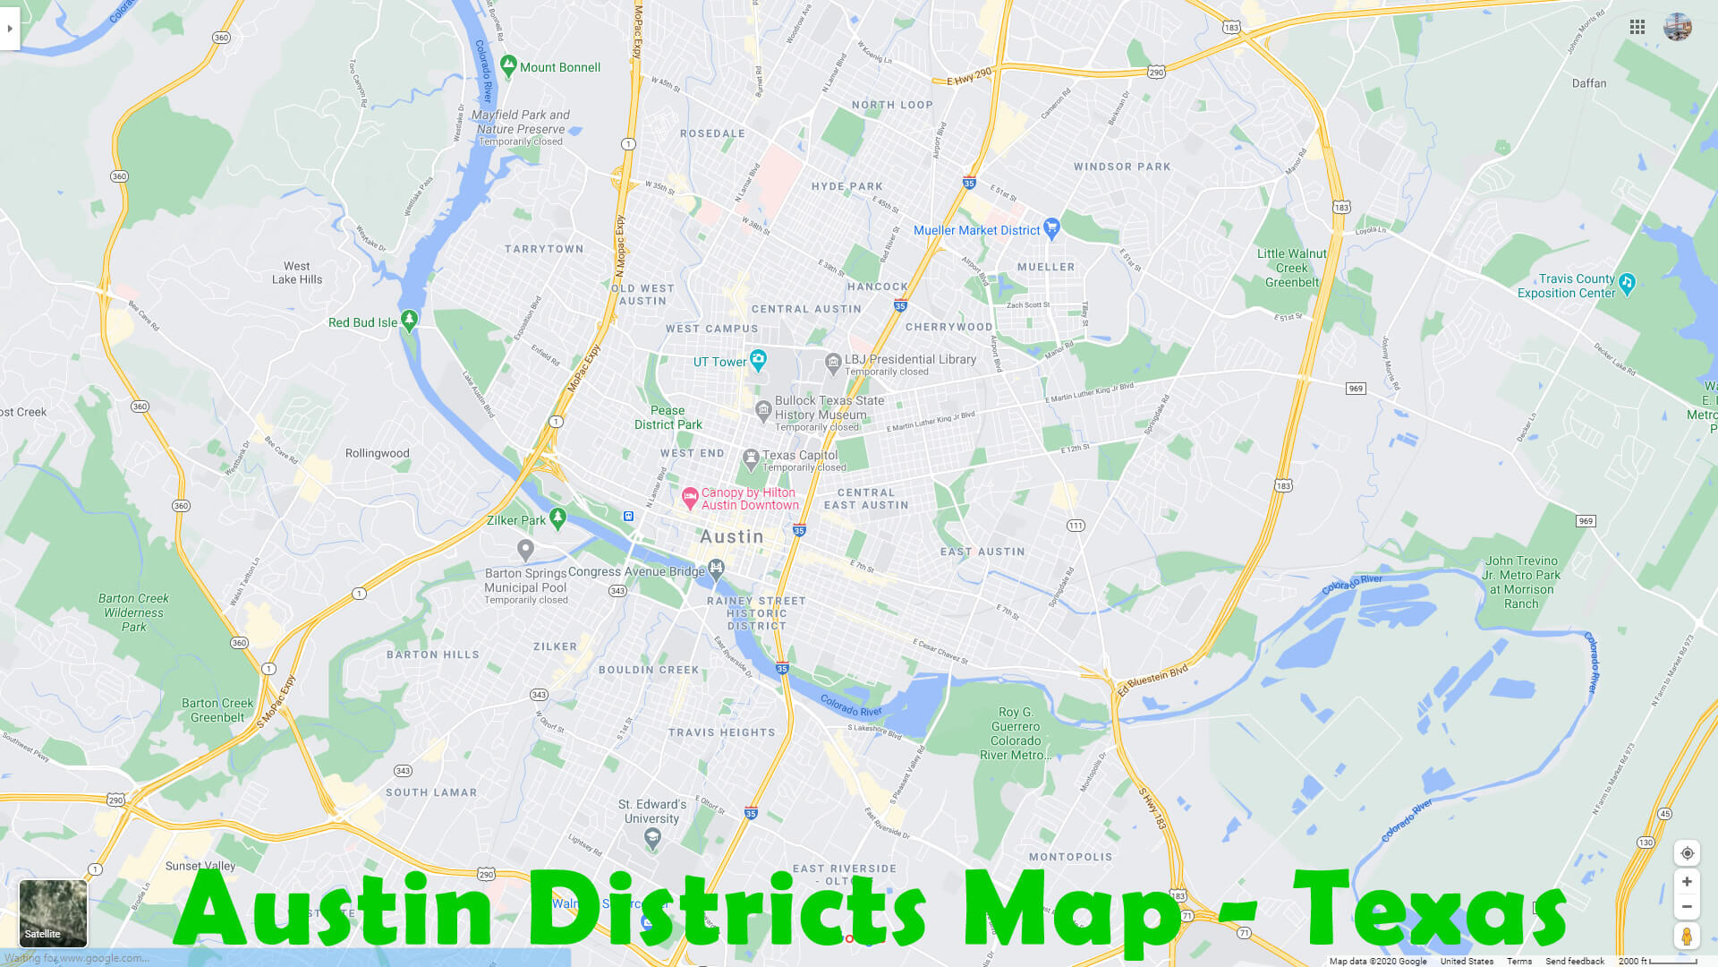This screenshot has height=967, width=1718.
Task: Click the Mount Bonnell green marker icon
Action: click(x=508, y=65)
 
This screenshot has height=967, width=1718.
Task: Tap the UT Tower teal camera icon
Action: click(x=758, y=360)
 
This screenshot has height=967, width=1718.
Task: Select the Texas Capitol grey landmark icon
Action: click(x=751, y=460)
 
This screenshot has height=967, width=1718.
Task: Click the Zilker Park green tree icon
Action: click(x=557, y=518)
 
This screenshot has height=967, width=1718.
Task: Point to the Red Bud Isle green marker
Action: click(x=409, y=320)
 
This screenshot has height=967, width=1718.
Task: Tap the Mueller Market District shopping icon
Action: click(x=1051, y=228)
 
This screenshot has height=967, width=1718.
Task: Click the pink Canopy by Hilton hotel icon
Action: click(x=690, y=498)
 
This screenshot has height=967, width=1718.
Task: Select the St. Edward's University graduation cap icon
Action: click(x=652, y=838)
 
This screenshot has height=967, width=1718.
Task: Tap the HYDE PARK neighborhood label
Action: click(x=846, y=186)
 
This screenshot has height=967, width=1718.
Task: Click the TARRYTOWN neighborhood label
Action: click(x=543, y=249)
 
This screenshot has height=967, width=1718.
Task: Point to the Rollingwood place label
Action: click(x=377, y=453)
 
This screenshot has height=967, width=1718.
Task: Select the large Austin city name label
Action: click(x=731, y=536)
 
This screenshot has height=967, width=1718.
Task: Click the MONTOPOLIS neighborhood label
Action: click(x=1070, y=857)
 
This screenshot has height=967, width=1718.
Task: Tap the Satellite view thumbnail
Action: click(x=53, y=912)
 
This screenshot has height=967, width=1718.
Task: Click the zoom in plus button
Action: click(x=1687, y=882)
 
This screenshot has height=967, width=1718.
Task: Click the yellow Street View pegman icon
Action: click(x=1687, y=936)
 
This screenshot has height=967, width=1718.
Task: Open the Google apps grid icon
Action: click(x=1637, y=27)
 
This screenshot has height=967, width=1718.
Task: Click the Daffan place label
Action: click(x=1589, y=83)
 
